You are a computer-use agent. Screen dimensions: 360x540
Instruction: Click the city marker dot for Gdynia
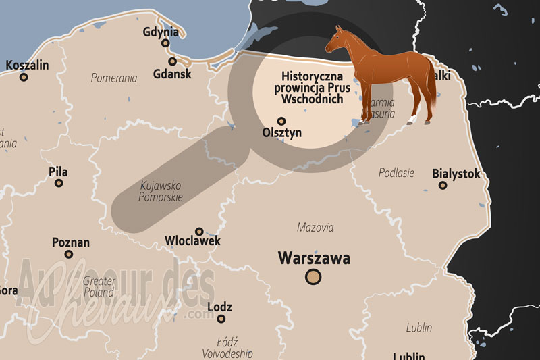[x=165, y=43]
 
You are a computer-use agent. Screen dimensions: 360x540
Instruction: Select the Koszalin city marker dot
[x=24, y=78]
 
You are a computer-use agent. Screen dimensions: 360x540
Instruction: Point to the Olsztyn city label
[x=281, y=133]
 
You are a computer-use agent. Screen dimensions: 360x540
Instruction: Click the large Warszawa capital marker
[x=313, y=276]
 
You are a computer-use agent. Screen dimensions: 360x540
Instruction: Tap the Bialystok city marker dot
[x=443, y=185]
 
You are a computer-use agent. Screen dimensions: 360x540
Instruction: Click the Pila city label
[x=58, y=172]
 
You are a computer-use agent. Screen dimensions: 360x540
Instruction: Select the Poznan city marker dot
[x=69, y=255]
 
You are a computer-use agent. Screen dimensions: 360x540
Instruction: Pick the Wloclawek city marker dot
[x=198, y=231]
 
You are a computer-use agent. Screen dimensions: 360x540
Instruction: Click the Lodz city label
[x=220, y=307]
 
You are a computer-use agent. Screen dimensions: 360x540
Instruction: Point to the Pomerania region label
[x=114, y=78]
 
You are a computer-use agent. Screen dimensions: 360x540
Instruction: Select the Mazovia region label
[x=315, y=228]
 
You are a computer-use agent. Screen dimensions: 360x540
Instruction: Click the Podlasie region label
[x=396, y=172]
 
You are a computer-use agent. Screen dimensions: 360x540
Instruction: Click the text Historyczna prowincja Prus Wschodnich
[x=312, y=88]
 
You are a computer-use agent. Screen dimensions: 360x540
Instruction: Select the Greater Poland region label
[x=99, y=286]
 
